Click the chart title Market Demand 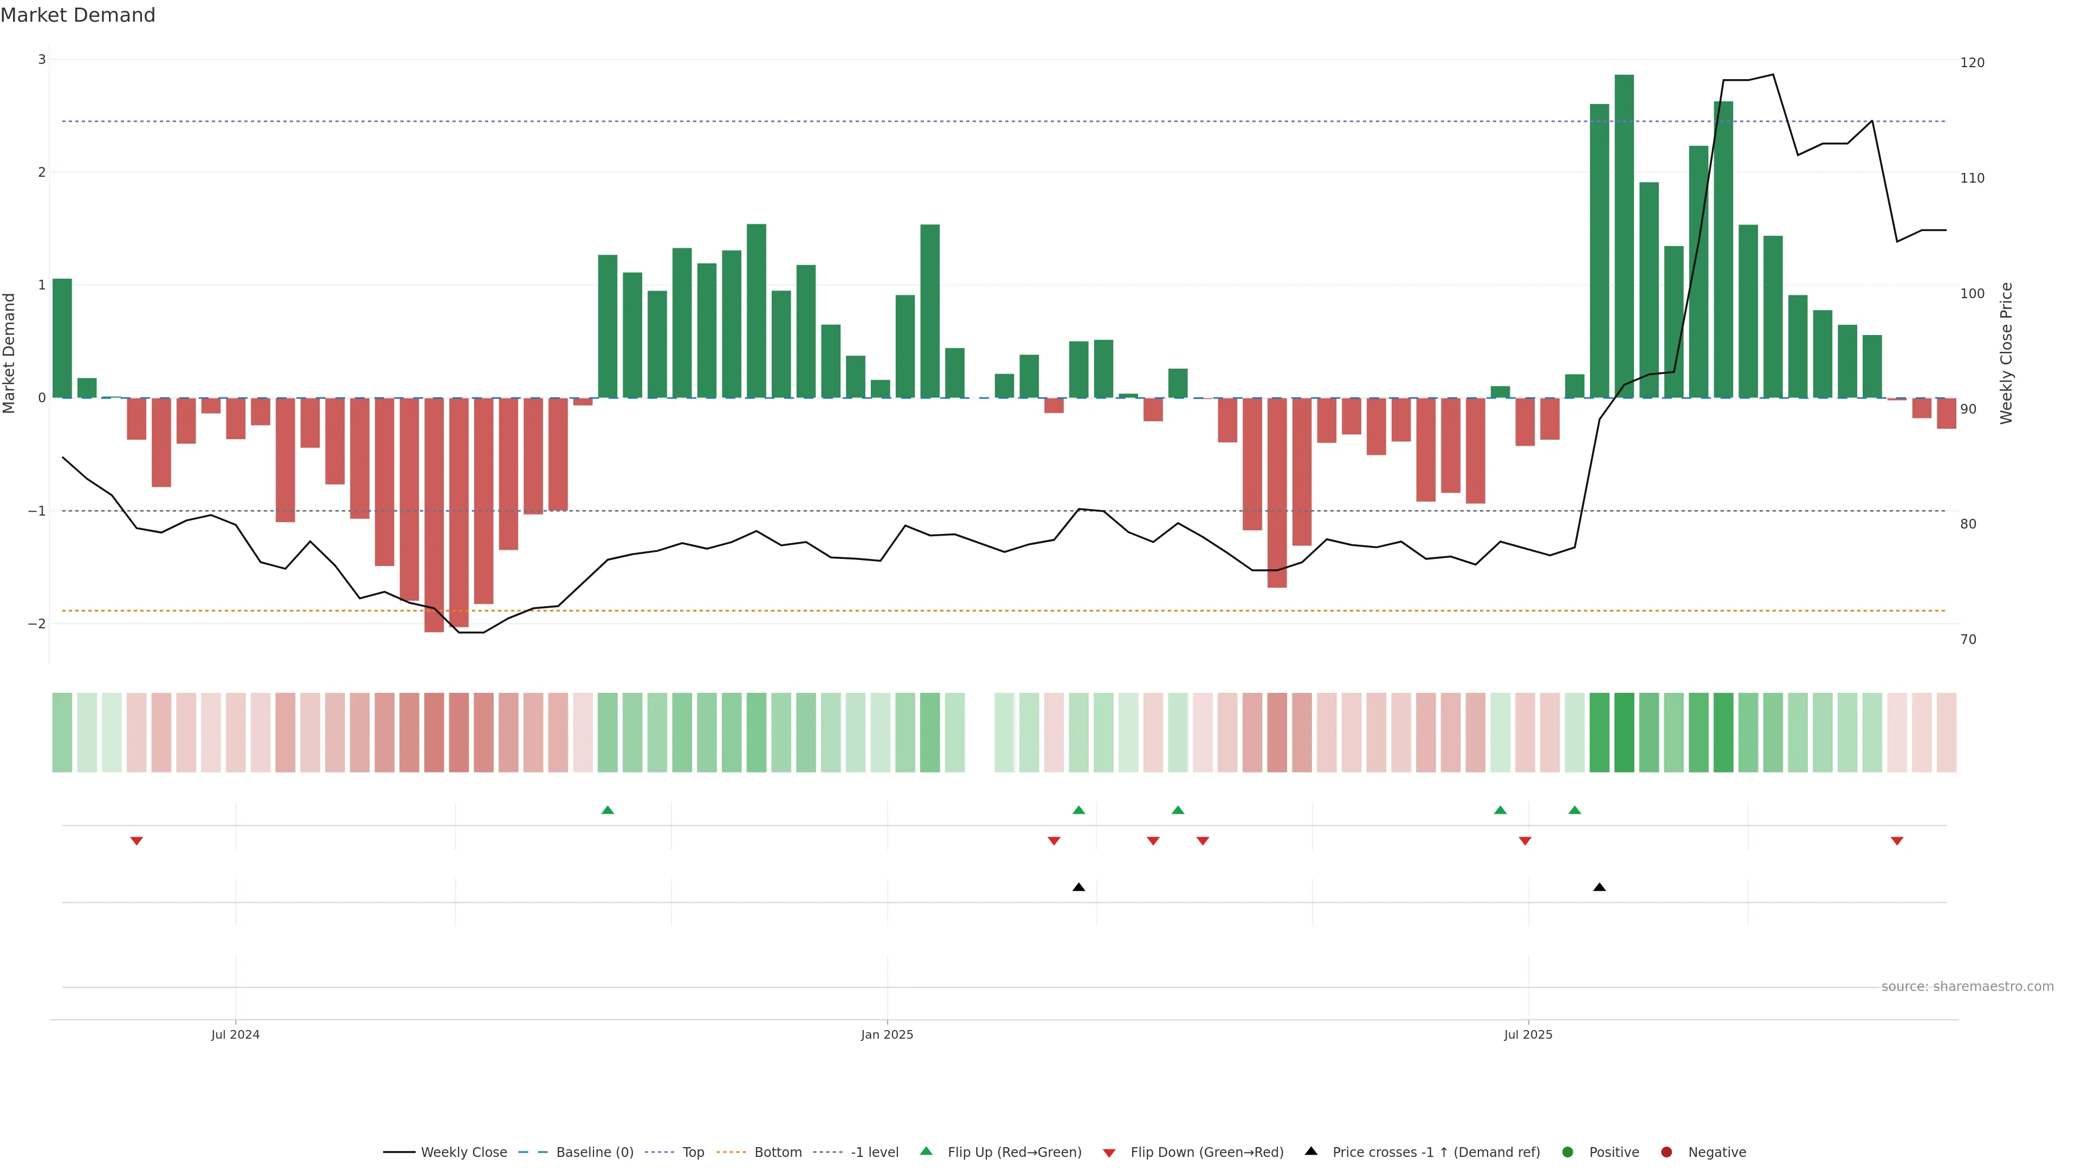[x=77, y=15]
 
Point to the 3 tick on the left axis [x=42, y=60]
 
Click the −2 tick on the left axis [x=37, y=624]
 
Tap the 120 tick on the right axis [x=1972, y=63]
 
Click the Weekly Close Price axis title [x=2007, y=353]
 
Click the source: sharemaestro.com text [x=1967, y=987]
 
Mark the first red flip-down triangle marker [x=137, y=841]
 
